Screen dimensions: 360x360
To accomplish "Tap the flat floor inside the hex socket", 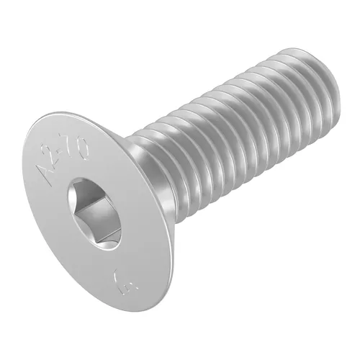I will [x=101, y=220].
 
